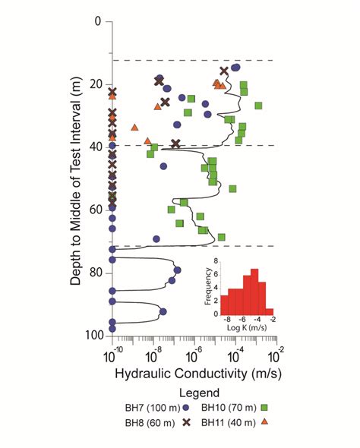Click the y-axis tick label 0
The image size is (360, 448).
[96, 22]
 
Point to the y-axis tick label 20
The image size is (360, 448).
[93, 84]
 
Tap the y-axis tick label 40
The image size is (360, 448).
[93, 146]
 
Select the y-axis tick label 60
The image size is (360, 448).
[93, 209]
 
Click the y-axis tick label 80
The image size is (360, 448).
[93, 271]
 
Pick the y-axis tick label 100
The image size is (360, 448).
[90, 334]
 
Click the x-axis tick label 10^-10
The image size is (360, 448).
[113, 354]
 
